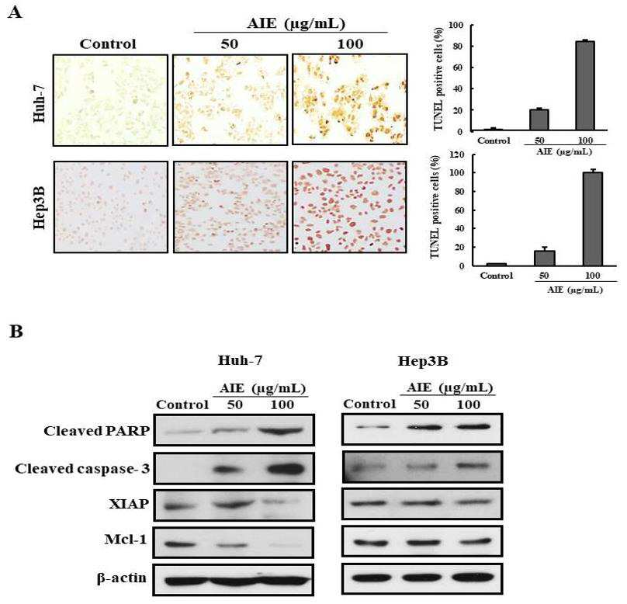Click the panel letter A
click(x=15, y=12)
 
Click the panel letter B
click(x=16, y=332)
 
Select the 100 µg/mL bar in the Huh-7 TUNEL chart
click(x=584, y=85)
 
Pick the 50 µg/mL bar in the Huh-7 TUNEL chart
click(x=539, y=120)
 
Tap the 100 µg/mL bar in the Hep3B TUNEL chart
click(x=592, y=219)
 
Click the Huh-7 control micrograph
click(x=110, y=100)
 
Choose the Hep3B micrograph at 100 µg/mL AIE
click(x=349, y=207)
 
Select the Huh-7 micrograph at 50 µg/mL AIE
click(x=230, y=100)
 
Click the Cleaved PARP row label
click(x=97, y=431)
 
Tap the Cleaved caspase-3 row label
click(x=82, y=468)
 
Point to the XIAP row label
click(x=129, y=504)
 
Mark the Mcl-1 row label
click(x=126, y=540)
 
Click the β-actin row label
click(x=122, y=578)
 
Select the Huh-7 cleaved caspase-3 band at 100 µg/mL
click(x=285, y=469)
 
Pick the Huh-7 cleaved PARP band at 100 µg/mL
click(x=282, y=431)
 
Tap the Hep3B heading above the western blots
click(x=423, y=361)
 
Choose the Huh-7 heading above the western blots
click(x=240, y=360)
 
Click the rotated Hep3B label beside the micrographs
click(x=39, y=207)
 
